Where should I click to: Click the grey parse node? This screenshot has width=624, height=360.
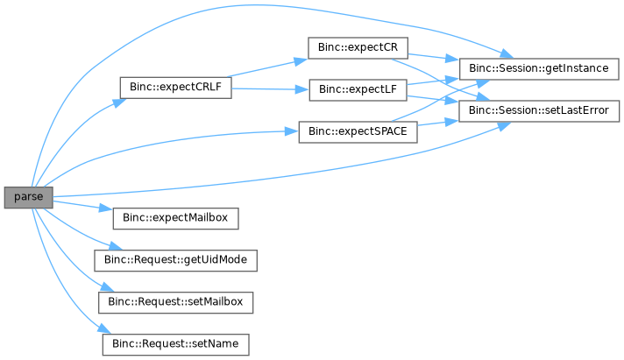29,197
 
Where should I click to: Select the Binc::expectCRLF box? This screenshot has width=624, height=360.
175,88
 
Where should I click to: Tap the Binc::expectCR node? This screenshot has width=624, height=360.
358,47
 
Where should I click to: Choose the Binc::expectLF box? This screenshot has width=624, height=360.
358,90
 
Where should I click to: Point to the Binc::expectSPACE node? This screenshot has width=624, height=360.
358,132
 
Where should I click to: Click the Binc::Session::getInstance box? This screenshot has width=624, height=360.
539,69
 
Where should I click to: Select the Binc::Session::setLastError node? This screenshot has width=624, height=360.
539,111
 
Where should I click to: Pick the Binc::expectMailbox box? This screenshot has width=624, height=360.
175,218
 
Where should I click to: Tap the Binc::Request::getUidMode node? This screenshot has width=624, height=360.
175,260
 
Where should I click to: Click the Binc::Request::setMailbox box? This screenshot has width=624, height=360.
175,303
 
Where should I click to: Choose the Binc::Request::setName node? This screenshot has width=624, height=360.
175,344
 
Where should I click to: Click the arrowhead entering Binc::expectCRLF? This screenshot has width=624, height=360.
119,102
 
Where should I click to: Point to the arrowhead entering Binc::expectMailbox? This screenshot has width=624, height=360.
106,208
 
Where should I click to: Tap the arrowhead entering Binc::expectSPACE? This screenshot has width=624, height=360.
292,131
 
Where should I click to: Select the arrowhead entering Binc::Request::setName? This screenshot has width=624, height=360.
104,329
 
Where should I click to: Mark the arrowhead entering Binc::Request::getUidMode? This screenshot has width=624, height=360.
116,246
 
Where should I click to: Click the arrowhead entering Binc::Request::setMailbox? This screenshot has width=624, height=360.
108,286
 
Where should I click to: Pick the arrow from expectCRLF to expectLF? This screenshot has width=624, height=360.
270,89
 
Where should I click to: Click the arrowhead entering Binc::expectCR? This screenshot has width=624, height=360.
301,60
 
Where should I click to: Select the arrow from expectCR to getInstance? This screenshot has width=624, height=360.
434,57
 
